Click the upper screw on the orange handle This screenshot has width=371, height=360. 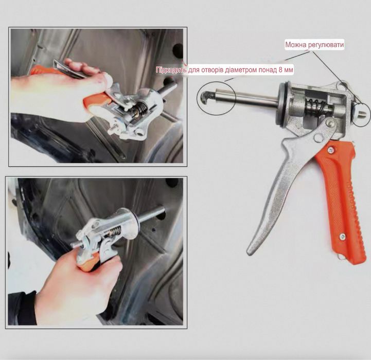click(331, 150)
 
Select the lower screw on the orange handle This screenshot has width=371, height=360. click(342, 236)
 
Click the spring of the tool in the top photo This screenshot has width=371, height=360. click(142, 109)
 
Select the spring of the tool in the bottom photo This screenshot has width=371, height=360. click(115, 231)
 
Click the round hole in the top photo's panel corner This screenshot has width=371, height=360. click(178, 50)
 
